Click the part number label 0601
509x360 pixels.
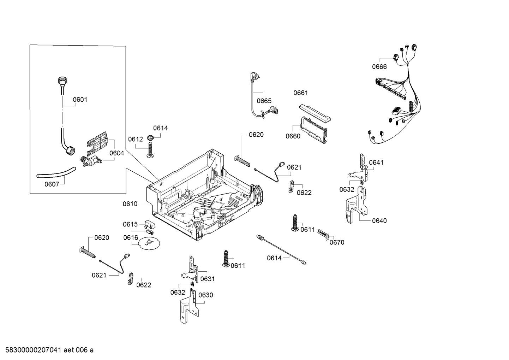tap(80, 100)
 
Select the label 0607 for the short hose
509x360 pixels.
tap(52, 184)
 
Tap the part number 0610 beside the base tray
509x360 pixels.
tap(130, 204)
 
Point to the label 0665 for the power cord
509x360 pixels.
tap(264, 101)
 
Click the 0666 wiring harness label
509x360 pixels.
tap(379, 66)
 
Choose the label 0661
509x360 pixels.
tap(300, 93)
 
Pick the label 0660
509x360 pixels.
tap(293, 136)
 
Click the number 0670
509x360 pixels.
tap(337, 242)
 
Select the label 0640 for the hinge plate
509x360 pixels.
tap(379, 221)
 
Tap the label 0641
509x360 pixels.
tap(376, 163)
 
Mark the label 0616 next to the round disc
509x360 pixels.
tap(131, 238)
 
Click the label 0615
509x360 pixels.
tap(130, 224)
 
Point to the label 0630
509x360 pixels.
tap(205, 295)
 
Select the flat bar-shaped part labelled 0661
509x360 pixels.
tap(315, 112)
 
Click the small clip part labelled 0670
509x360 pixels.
tap(324, 234)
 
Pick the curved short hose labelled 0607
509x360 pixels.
tap(56, 172)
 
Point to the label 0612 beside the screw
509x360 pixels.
tap(136, 139)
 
